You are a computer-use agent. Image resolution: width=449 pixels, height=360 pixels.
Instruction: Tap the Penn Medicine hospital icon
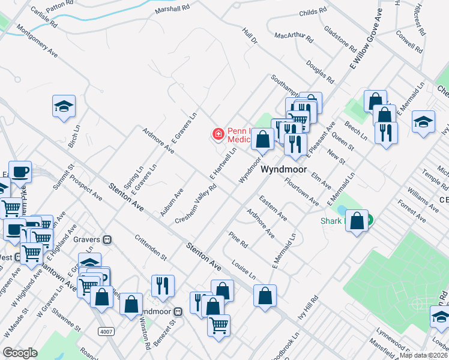[218, 133]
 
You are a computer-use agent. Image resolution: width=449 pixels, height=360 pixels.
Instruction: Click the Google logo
[20, 353]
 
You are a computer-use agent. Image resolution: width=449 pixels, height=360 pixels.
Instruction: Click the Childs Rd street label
[312, 11]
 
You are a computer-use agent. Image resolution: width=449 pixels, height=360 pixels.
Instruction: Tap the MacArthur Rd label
[294, 37]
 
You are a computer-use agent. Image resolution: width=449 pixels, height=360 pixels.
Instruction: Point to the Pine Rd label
[238, 240]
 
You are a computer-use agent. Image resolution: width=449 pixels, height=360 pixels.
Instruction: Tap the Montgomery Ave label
[37, 41]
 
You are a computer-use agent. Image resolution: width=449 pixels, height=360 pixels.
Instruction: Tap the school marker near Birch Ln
[64, 106]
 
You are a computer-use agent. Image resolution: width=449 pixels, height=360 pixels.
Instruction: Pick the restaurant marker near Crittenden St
[162, 286]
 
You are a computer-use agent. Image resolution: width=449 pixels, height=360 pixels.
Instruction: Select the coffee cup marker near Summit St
[20, 172]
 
